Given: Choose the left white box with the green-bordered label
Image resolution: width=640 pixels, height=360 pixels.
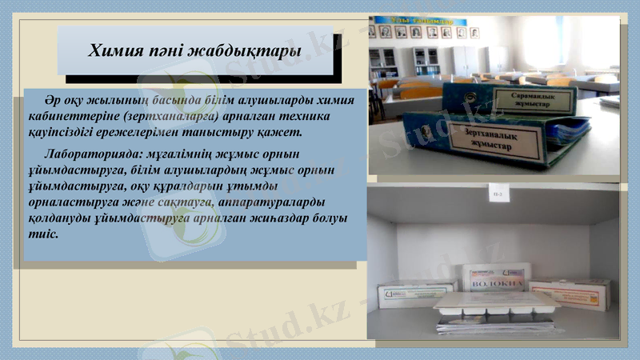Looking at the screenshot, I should click(x=416, y=296).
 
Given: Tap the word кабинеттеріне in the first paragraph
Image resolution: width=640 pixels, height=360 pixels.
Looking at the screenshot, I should click(x=70, y=117).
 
